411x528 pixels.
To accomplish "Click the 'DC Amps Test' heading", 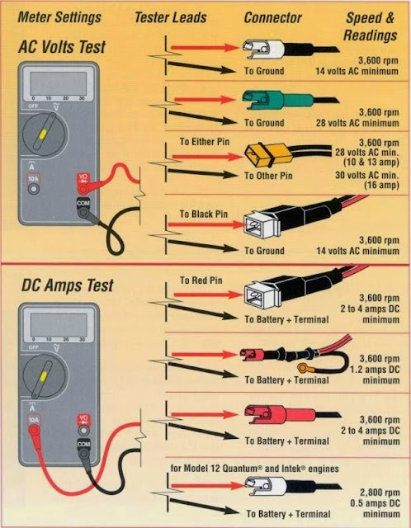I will [65, 286].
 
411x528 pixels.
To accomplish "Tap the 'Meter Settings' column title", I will [60, 16].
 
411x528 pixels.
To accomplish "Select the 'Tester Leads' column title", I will [173, 16].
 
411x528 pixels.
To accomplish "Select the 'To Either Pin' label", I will [203, 142].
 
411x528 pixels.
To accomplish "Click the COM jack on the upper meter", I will [83, 212].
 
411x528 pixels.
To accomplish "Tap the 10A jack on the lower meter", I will [34, 433].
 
